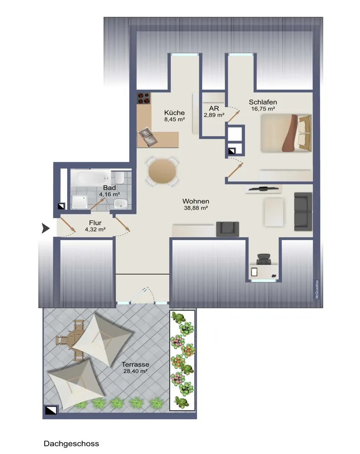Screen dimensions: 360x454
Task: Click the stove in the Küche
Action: tap(143, 98)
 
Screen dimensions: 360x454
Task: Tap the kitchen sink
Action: tap(148, 137)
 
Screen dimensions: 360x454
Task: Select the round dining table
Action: tap(162, 171)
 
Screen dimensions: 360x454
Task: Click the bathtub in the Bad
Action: tap(91, 178)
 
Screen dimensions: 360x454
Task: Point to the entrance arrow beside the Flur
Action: tap(45, 228)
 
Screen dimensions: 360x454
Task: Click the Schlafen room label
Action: tap(263, 102)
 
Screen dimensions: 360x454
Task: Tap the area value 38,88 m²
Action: tap(196, 208)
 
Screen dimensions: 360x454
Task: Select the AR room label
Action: tap(214, 109)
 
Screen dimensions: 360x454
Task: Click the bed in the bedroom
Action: tap(286, 133)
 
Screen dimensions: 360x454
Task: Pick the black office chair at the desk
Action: tap(264, 259)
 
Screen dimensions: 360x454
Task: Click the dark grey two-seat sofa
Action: tap(303, 212)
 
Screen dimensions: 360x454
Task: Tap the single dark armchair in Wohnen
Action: tap(227, 229)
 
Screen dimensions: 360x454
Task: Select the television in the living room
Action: tap(263, 189)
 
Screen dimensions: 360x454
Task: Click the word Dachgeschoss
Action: tap(71, 444)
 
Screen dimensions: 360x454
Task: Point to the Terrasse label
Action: tap(135, 365)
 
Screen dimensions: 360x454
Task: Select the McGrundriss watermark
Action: tap(317, 289)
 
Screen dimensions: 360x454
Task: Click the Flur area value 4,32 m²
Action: tap(95, 230)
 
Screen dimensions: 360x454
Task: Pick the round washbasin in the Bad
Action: tap(120, 203)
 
